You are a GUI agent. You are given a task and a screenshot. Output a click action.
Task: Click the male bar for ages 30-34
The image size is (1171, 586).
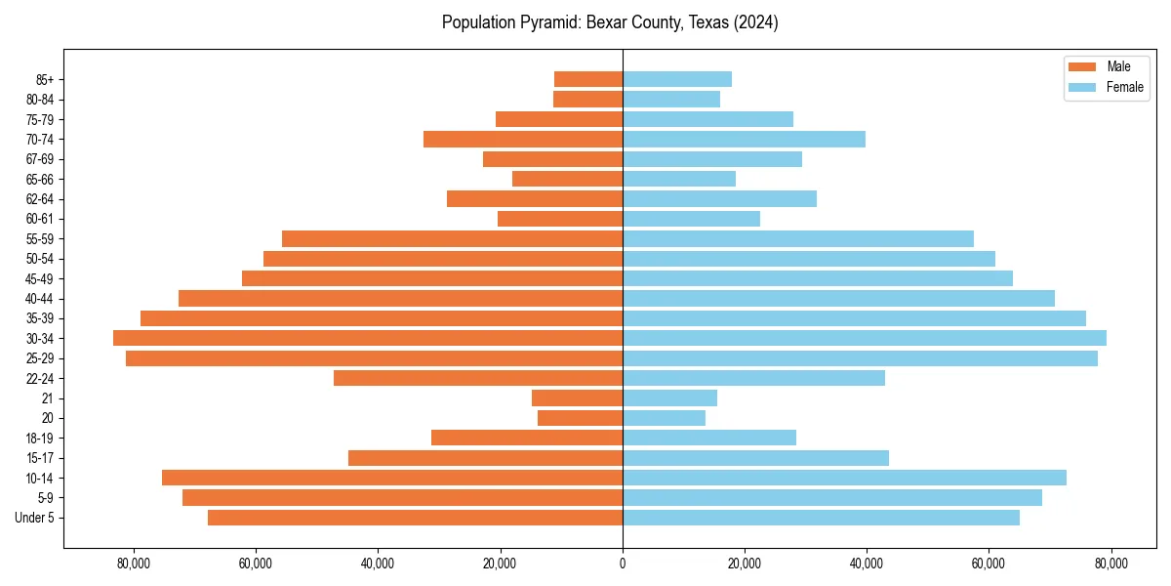click(368, 338)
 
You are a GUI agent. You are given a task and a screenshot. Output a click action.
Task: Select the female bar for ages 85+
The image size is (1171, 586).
click(677, 79)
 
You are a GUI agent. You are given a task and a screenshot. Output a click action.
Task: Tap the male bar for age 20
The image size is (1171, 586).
click(580, 418)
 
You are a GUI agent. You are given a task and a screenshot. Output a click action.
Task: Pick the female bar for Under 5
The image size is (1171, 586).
click(821, 518)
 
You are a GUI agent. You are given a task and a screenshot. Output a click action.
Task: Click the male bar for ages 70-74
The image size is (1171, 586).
click(523, 139)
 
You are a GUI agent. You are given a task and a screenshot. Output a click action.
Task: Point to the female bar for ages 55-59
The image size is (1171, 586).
click(798, 238)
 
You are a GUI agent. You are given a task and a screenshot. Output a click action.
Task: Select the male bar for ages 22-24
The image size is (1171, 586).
click(478, 378)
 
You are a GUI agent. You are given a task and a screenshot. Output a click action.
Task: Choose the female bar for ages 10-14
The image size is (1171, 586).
click(844, 478)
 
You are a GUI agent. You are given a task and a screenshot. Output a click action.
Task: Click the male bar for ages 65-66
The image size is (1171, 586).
click(567, 179)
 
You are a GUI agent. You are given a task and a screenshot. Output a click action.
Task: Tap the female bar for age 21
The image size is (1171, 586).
click(669, 398)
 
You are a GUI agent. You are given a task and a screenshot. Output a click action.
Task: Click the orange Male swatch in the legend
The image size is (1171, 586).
click(1082, 66)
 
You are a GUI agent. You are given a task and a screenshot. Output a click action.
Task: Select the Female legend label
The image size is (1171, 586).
click(1124, 87)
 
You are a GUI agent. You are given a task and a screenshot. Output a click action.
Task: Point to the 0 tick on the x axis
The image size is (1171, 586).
click(623, 563)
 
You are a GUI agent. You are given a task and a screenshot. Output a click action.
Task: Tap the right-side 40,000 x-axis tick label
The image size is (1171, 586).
click(867, 563)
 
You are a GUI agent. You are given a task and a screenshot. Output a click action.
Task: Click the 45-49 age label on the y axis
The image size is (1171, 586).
click(40, 278)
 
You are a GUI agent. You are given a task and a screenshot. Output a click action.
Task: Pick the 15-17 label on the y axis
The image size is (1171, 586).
click(40, 458)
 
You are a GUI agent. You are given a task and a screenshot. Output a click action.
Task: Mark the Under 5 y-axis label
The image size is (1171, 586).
click(35, 518)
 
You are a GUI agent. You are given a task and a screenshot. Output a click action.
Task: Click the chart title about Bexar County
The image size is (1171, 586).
click(610, 22)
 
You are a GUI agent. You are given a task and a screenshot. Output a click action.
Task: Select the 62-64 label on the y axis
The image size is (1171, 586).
click(40, 198)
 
